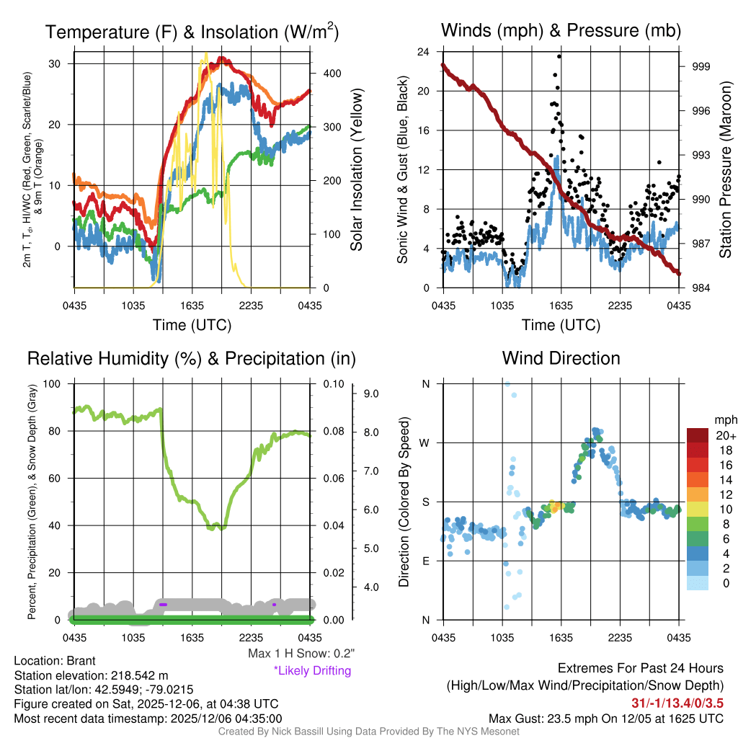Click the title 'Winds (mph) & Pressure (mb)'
click(x=561, y=30)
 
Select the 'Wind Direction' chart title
click(x=561, y=358)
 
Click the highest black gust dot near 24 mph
click(x=559, y=56)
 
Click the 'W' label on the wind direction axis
click(x=425, y=443)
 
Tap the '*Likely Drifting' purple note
click(x=312, y=670)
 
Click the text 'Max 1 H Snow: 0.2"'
click(x=301, y=654)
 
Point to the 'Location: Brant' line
click(x=55, y=661)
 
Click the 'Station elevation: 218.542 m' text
click(x=91, y=675)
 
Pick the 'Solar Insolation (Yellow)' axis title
click(x=357, y=170)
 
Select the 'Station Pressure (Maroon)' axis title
click(x=726, y=170)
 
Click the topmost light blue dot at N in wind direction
click(x=507, y=384)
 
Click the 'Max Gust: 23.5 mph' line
click(x=606, y=718)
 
